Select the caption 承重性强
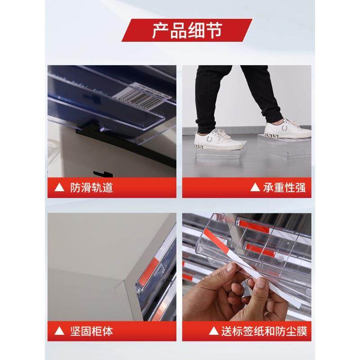pyautogui.click(x=284, y=187)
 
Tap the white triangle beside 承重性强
pyautogui.click(x=255, y=188)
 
